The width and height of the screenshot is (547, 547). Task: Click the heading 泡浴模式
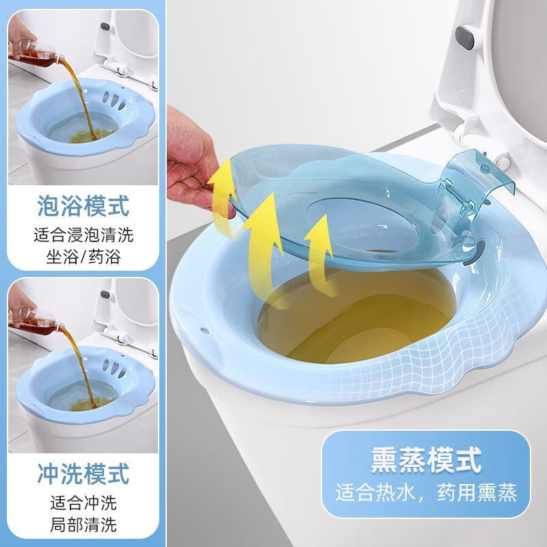pos(84,205)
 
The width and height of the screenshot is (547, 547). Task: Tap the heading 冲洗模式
pos(84,472)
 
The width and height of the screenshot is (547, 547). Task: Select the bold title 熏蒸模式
pos(426,457)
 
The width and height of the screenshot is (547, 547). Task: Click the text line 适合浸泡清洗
pos(84,237)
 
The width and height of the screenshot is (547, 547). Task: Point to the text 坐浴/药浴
pos(84,258)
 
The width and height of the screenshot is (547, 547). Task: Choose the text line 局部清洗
pos(84,525)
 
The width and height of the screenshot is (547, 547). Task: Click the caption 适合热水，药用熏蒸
pos(425,491)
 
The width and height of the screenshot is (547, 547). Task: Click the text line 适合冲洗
pos(84,503)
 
